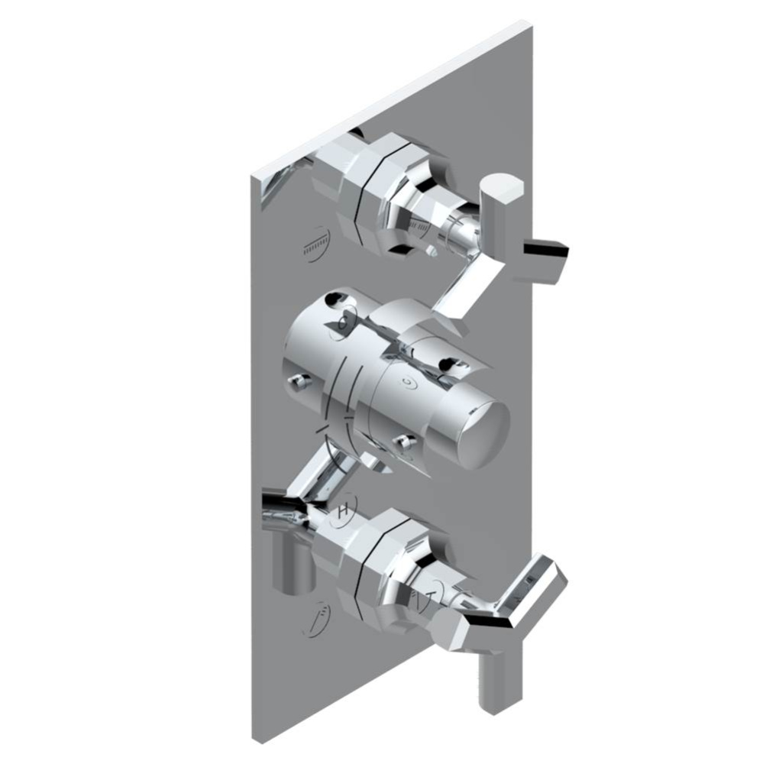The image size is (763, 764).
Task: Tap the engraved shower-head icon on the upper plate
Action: point(314,246)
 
